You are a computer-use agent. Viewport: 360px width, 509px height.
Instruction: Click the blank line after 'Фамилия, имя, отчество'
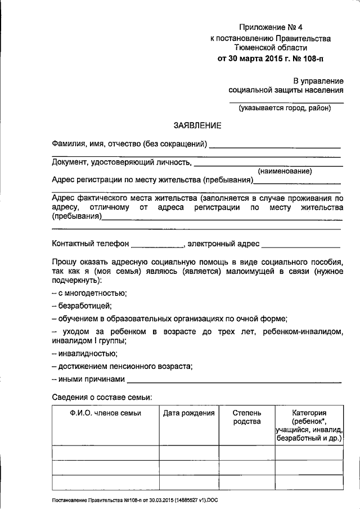275,145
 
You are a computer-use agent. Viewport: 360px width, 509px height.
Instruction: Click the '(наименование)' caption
285,171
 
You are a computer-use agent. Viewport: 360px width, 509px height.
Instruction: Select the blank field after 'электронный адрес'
301,245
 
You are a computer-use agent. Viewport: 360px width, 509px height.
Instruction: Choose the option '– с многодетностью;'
89,293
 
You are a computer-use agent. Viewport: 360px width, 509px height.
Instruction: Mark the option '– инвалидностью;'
84,354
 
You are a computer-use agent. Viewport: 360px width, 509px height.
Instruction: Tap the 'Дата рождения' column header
189,413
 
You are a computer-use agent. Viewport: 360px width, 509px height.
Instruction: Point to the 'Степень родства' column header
247,417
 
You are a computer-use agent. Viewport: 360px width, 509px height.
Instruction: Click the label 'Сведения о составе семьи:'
102,397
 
